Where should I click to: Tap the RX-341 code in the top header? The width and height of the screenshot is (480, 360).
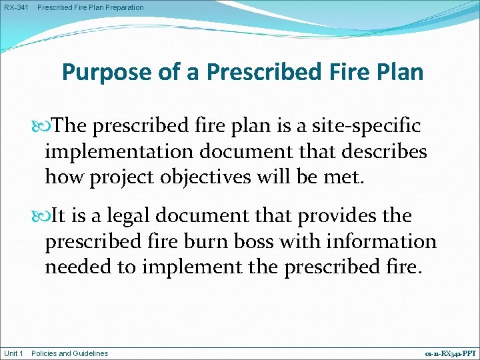pos(16,7)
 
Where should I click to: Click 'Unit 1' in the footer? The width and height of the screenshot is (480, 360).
pos(14,353)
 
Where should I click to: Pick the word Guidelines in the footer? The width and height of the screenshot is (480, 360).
pos(90,353)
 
